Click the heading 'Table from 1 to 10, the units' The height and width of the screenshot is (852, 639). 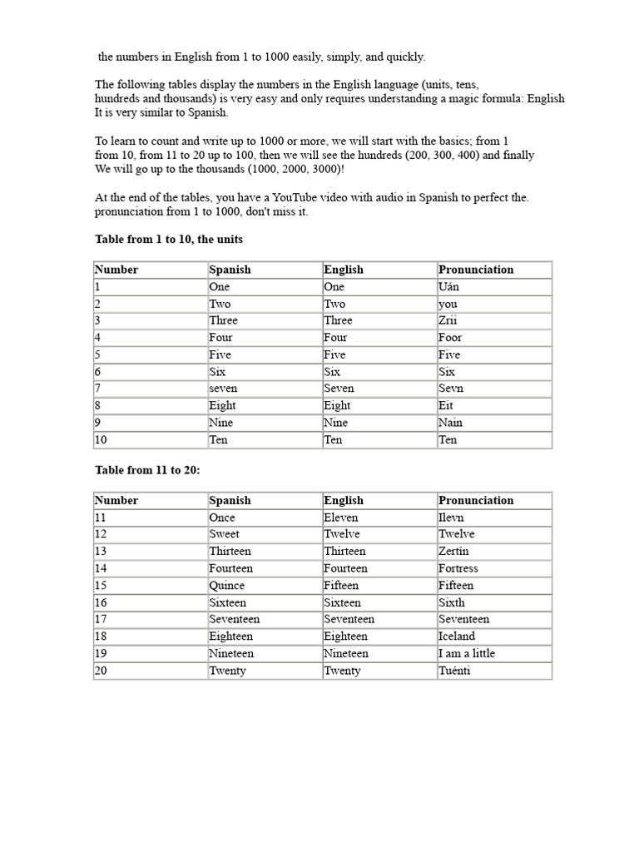(169, 240)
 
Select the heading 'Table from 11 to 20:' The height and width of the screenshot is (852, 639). (147, 470)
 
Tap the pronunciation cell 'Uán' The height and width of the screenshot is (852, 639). (448, 286)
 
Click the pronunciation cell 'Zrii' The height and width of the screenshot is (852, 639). (448, 320)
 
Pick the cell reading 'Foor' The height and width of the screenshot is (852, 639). (450, 338)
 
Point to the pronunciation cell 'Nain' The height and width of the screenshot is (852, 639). (450, 423)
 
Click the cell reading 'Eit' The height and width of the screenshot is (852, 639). (447, 406)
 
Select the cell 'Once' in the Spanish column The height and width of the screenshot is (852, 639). (222, 518)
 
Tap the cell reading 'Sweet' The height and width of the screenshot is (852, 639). (225, 534)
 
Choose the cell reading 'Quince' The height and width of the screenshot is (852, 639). (227, 585)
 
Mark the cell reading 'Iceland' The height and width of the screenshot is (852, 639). (457, 637)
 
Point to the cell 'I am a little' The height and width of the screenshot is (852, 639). (466, 653)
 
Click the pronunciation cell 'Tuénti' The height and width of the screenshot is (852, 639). (454, 671)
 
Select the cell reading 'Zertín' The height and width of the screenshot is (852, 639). (453, 552)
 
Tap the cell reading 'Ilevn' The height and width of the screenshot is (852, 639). (451, 518)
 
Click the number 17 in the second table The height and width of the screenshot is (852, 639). (101, 619)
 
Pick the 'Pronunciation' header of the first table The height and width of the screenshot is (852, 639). (476, 270)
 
